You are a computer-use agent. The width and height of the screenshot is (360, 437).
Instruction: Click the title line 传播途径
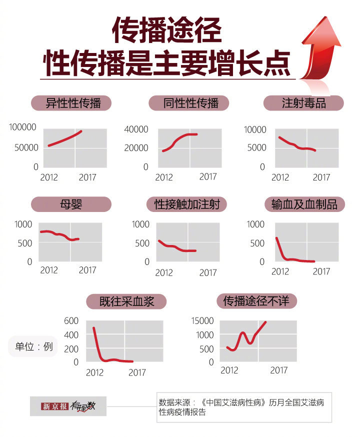coord(166,31)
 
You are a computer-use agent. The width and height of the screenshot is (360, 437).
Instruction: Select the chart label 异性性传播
coord(71,103)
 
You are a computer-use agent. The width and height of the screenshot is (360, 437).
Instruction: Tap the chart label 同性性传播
coord(189,103)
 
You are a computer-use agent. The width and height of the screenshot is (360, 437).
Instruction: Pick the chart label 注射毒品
coord(303,103)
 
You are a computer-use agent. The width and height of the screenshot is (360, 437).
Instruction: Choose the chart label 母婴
coord(71,204)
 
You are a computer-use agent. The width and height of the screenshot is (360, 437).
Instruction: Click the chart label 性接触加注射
coord(187,204)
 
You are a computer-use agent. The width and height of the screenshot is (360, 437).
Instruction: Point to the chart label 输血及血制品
coord(304,204)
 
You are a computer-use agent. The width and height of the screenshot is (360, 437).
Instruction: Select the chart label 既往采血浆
coord(126,301)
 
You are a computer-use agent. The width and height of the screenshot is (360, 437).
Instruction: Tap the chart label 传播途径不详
coord(259,301)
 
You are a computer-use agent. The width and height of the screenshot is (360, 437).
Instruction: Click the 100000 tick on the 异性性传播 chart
coord(22,128)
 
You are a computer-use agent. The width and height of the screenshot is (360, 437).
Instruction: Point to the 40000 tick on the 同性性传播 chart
coord(135,129)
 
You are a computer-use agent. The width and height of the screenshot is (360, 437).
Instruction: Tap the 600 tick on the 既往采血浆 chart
coord(71,320)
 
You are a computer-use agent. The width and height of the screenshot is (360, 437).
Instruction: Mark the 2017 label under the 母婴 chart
coord(87,270)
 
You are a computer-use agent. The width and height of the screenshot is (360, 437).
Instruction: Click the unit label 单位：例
coord(33,346)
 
